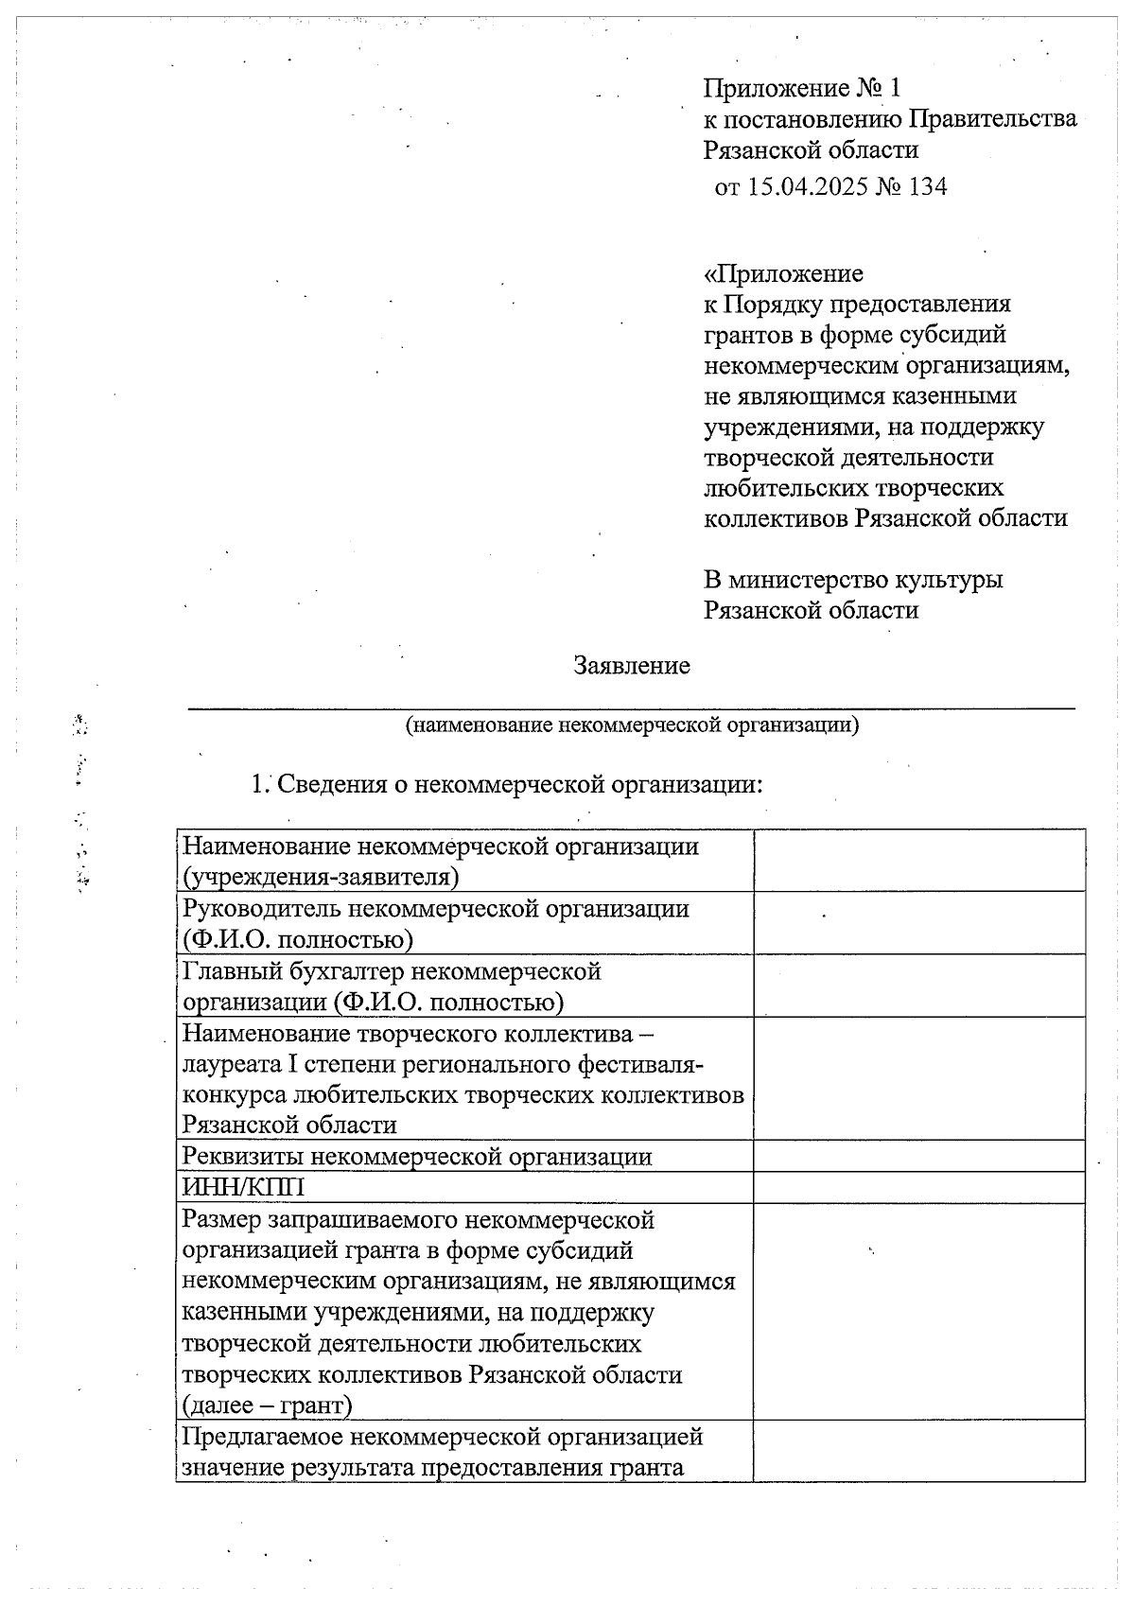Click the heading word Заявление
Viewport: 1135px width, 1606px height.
(x=631, y=666)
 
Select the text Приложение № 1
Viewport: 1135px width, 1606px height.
(x=802, y=89)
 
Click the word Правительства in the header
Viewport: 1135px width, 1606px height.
(x=992, y=119)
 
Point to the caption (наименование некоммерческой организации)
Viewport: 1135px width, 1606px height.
(x=631, y=725)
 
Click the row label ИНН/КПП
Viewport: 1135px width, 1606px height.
(x=243, y=1188)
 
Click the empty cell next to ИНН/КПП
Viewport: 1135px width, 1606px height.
(x=917, y=1188)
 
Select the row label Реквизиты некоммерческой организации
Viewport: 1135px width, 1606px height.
(x=416, y=1157)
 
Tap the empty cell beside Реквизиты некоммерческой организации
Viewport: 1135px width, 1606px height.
(x=917, y=1157)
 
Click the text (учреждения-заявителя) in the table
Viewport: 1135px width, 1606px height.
(x=321, y=877)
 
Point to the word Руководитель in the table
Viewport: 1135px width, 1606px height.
(x=249, y=909)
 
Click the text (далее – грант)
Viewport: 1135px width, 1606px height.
(x=266, y=1405)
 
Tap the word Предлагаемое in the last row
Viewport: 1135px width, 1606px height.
(x=262, y=1437)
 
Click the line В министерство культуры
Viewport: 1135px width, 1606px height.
(x=853, y=579)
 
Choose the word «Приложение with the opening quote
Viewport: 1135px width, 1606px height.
(x=783, y=274)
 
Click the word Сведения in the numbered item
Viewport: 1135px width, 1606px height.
(x=326, y=785)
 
